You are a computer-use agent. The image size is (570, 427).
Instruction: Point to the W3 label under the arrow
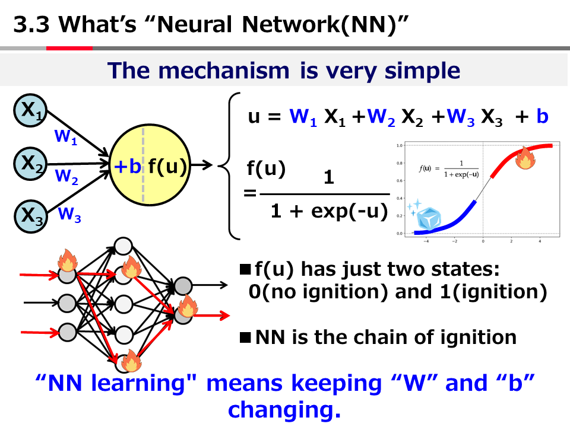pyautogui.click(x=69, y=215)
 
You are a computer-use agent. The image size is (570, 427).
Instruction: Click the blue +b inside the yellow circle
pyautogui.click(x=128, y=167)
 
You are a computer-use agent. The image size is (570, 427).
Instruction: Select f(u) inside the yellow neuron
pyautogui.click(x=167, y=167)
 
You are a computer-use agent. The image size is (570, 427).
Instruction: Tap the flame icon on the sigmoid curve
pyautogui.click(x=525, y=158)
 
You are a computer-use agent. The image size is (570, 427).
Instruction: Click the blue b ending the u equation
pyautogui.click(x=542, y=116)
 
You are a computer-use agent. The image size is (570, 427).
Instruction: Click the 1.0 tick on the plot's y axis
pyautogui.click(x=400, y=145)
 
